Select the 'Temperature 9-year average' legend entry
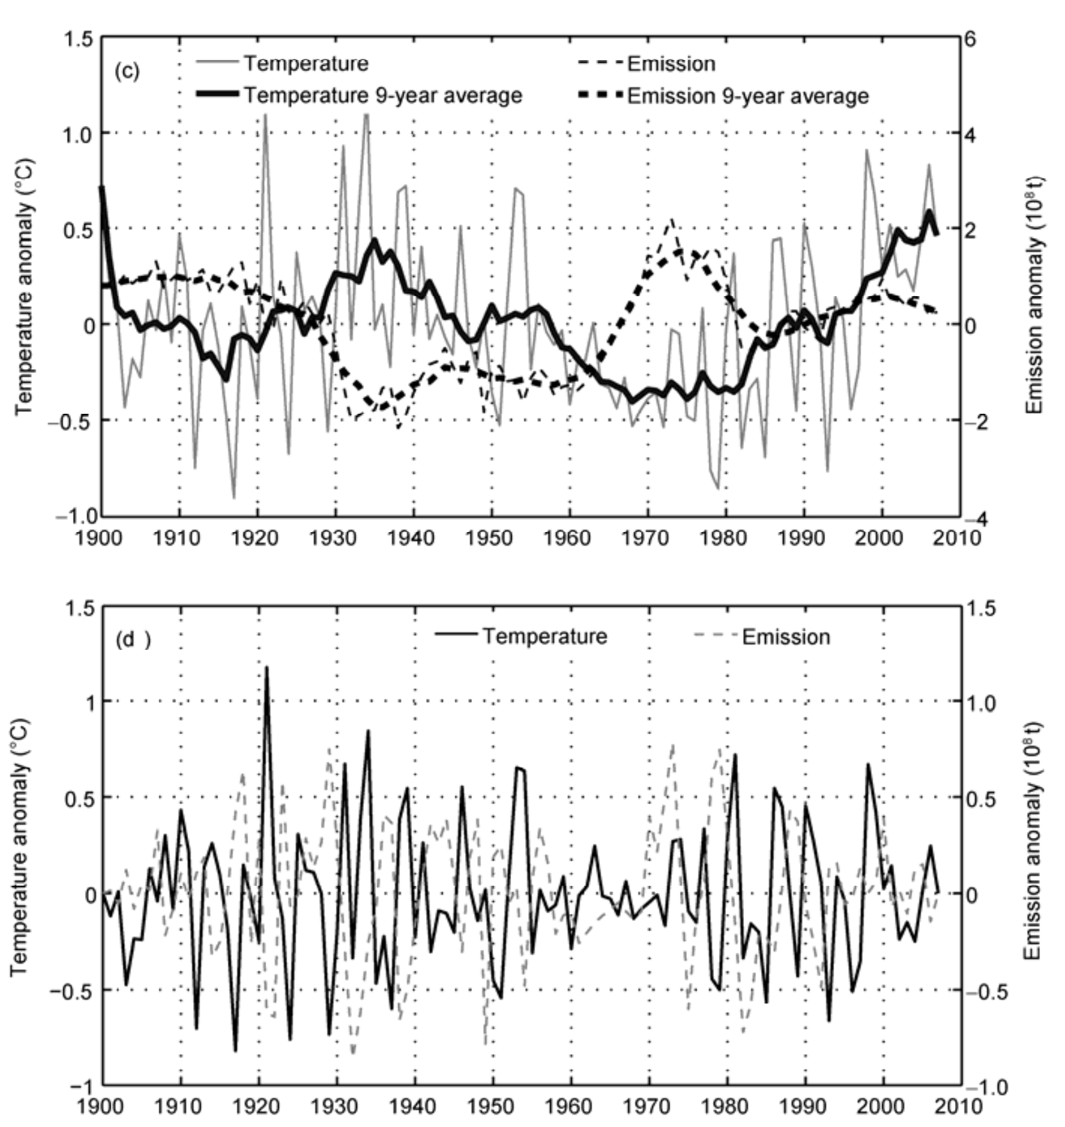(383, 95)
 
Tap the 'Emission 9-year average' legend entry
(748, 96)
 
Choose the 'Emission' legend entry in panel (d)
(785, 637)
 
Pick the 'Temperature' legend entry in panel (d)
(544, 636)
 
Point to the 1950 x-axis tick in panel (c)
(491, 538)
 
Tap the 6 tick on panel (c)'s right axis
(970, 38)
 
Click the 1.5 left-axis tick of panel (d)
(80, 608)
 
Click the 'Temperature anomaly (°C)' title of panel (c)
(24, 287)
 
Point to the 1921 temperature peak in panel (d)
(267, 668)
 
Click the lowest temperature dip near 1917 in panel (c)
(234, 497)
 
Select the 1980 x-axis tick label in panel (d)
(727, 1106)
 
